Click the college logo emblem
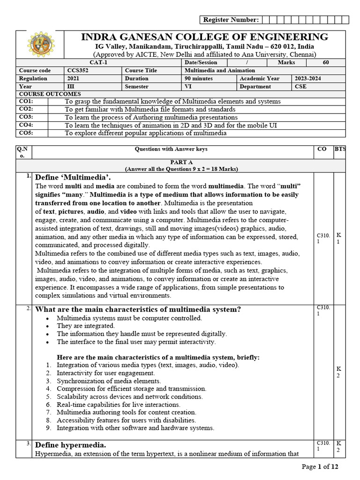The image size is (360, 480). click(x=39, y=45)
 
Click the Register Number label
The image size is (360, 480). click(x=230, y=20)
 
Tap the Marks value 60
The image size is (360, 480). click(x=326, y=62)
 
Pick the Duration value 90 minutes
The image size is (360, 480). click(x=199, y=79)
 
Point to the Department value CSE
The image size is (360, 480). click(x=300, y=87)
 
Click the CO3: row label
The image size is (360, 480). click(x=26, y=117)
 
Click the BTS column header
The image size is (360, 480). click(x=339, y=149)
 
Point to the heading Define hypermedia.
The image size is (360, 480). click(x=71, y=445)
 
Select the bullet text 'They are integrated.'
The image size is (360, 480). click(x=85, y=326)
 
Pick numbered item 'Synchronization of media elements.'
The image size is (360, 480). click(x=108, y=381)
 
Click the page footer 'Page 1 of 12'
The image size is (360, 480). click(x=321, y=466)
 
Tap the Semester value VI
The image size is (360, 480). click(x=188, y=87)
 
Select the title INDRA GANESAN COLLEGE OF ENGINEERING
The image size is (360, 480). click(x=205, y=37)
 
